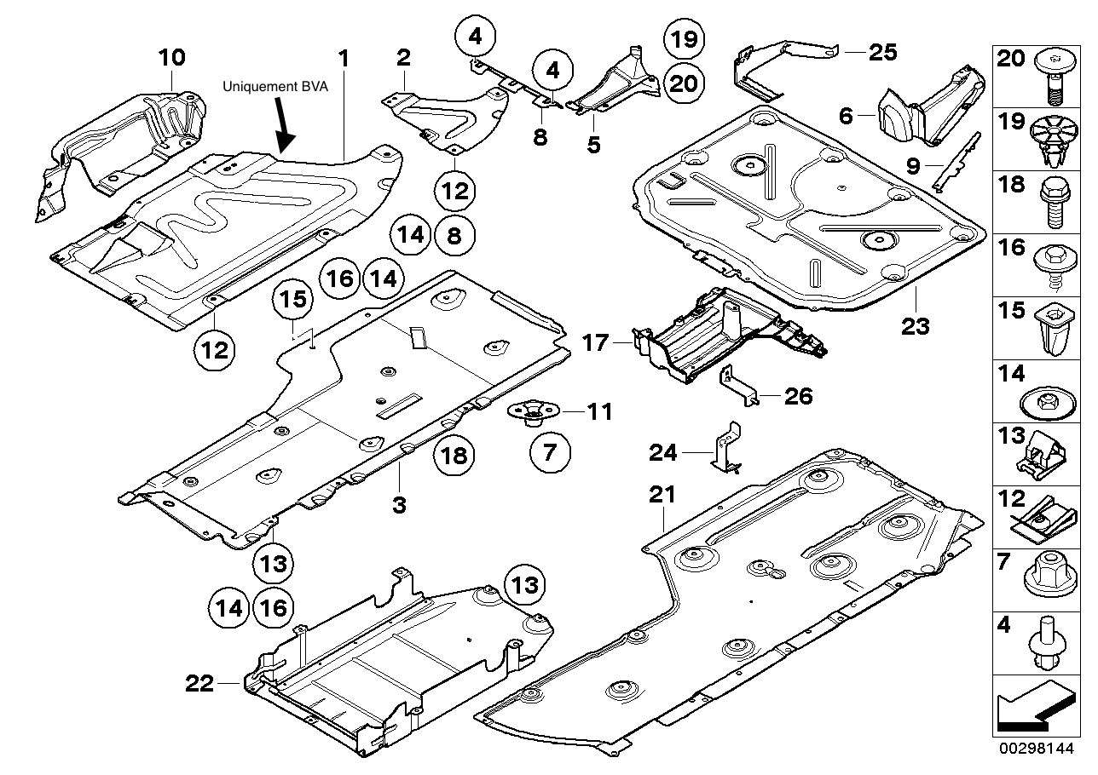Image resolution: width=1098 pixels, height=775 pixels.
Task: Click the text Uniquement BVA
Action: pyautogui.click(x=275, y=86)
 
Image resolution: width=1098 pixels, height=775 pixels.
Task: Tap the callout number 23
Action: pyautogui.click(x=916, y=324)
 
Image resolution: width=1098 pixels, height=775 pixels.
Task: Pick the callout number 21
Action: pyautogui.click(x=662, y=495)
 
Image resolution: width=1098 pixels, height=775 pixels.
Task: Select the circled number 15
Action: pyautogui.click(x=293, y=300)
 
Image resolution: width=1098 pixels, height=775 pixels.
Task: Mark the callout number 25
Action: pyautogui.click(x=882, y=53)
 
